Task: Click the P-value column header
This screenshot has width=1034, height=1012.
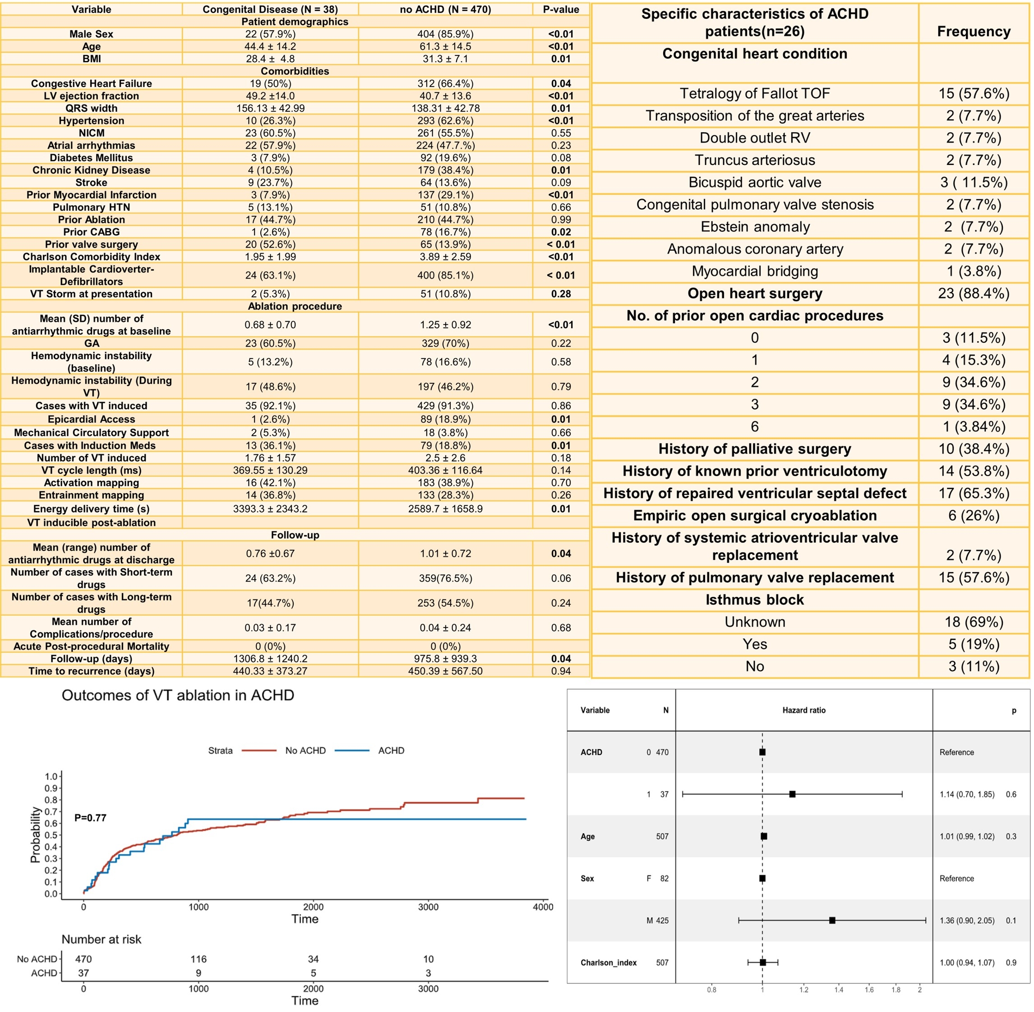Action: pyautogui.click(x=561, y=9)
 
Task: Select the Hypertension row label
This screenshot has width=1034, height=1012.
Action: pyautogui.click(x=92, y=121)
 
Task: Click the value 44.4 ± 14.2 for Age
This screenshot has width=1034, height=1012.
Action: pyautogui.click(x=270, y=46)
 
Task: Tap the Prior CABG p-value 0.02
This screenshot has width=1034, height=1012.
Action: pyautogui.click(x=561, y=232)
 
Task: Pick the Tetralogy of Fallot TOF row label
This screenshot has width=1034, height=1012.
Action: pyautogui.click(x=754, y=94)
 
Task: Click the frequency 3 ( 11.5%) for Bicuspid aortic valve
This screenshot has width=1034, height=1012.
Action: pyautogui.click(x=974, y=182)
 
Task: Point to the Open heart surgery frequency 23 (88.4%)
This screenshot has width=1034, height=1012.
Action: pyautogui.click(x=974, y=293)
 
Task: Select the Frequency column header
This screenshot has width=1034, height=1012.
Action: pyautogui.click(x=974, y=32)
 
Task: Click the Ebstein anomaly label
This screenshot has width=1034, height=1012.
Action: pyautogui.click(x=755, y=227)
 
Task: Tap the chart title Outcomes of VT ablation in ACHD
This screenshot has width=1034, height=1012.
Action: pyautogui.click(x=178, y=695)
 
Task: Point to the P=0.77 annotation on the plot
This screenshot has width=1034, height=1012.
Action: pyautogui.click(x=90, y=817)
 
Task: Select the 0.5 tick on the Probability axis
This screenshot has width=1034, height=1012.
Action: pyautogui.click(x=51, y=835)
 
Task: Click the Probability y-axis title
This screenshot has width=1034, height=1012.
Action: pyautogui.click(x=35, y=834)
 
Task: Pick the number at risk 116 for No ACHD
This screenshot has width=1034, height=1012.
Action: pyautogui.click(x=198, y=959)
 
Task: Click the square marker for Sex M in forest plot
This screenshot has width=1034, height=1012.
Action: pyautogui.click(x=832, y=920)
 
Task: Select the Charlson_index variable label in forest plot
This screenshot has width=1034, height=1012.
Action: pyautogui.click(x=609, y=962)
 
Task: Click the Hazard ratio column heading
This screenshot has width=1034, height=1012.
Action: pyautogui.click(x=803, y=710)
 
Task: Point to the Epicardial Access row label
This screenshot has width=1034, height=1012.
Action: pyautogui.click(x=92, y=419)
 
